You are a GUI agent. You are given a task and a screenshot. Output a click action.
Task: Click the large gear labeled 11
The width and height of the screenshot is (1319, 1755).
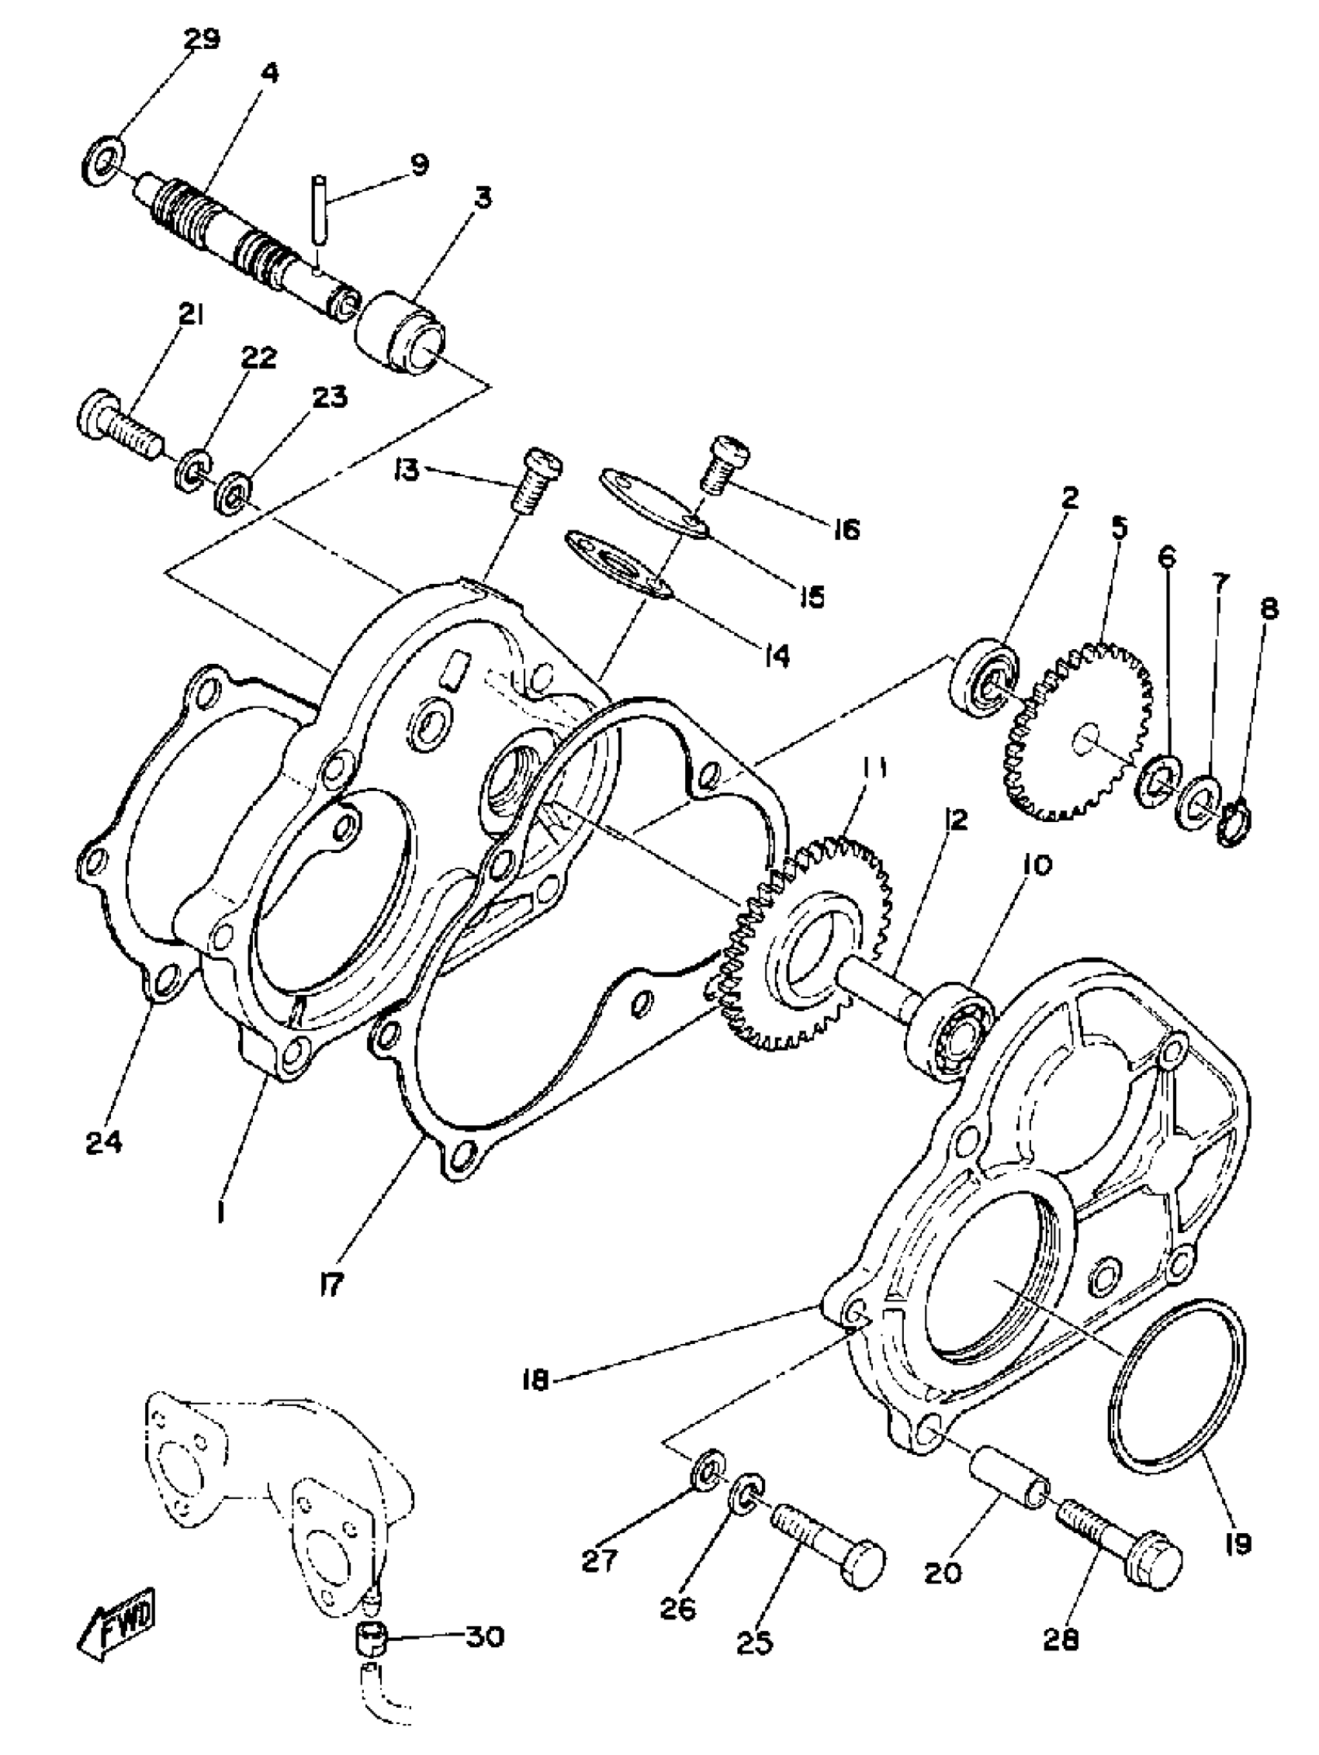809,948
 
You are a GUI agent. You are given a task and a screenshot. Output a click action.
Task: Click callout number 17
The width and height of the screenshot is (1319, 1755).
331,1283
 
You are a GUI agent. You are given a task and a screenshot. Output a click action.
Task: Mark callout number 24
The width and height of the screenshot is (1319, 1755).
104,1143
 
